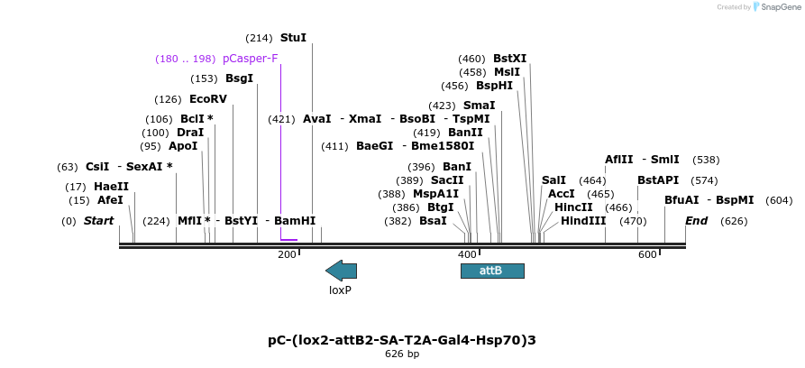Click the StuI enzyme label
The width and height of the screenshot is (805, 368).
click(293, 38)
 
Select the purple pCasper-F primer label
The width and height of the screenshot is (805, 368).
click(250, 59)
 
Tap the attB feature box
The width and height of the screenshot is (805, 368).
click(491, 271)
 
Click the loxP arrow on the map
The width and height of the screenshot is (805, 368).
click(341, 270)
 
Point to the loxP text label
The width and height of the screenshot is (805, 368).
click(340, 290)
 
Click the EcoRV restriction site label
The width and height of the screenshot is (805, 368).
click(207, 99)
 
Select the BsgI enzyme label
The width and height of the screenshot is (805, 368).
click(239, 78)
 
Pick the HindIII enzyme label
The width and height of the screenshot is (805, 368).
click(583, 220)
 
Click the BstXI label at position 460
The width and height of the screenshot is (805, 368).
click(509, 59)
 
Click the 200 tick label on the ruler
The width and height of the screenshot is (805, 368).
click(287, 255)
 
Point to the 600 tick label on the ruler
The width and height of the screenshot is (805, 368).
click(646, 255)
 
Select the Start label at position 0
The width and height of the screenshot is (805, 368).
click(99, 221)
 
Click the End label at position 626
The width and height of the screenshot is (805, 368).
click(696, 221)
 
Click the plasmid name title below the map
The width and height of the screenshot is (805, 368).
click(402, 340)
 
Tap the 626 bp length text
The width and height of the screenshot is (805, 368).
click(402, 354)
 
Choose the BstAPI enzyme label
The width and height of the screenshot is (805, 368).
click(658, 180)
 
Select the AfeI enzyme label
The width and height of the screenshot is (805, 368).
click(110, 200)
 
